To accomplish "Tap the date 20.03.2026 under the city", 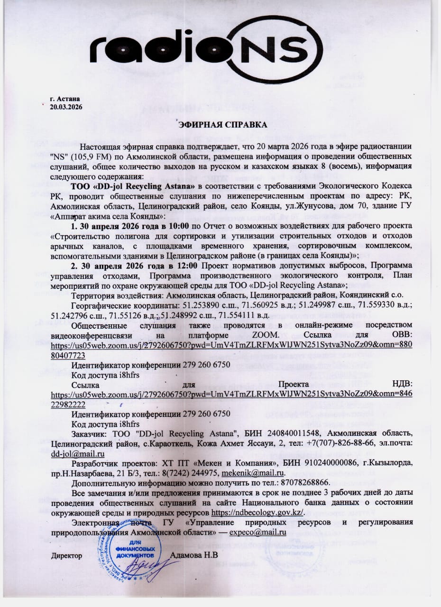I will [66, 107].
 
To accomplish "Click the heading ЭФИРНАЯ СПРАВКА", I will [222, 125].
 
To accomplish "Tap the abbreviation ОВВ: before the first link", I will [401, 335].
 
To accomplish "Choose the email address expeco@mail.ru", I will [257, 532].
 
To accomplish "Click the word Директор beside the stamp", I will [66, 554].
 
